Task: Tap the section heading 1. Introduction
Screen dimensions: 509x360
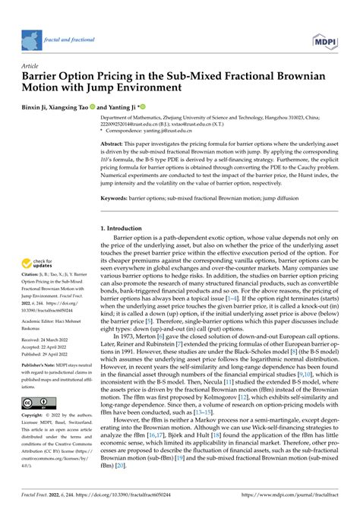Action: point(125,229)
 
